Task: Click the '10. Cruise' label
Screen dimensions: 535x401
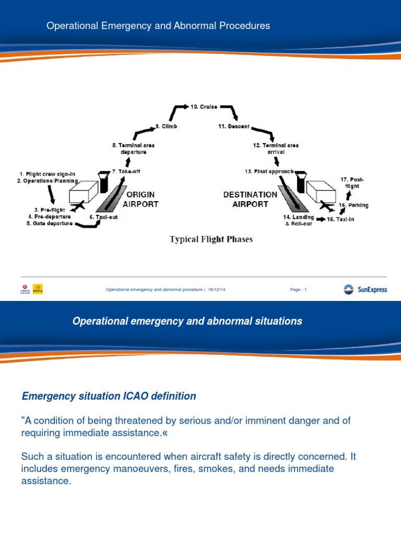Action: [204, 107]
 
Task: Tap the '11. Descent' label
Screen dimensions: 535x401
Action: [234, 126]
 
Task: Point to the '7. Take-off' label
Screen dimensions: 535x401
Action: [126, 171]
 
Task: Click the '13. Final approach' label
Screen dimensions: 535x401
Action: [269, 171]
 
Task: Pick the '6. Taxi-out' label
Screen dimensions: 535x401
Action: [103, 217]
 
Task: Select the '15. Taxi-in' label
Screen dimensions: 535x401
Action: [340, 219]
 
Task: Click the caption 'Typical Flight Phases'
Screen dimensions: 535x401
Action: [211, 239]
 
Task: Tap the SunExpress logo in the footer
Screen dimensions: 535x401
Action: [365, 289]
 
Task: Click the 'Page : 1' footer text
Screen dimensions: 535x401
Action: [298, 289]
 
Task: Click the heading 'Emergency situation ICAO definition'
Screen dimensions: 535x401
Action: [109, 396]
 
